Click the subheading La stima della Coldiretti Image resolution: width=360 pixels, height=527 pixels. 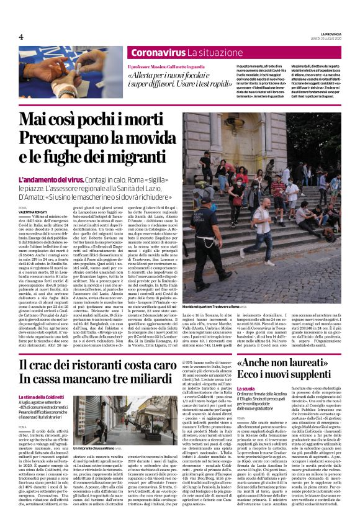click(x=40, y=397)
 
